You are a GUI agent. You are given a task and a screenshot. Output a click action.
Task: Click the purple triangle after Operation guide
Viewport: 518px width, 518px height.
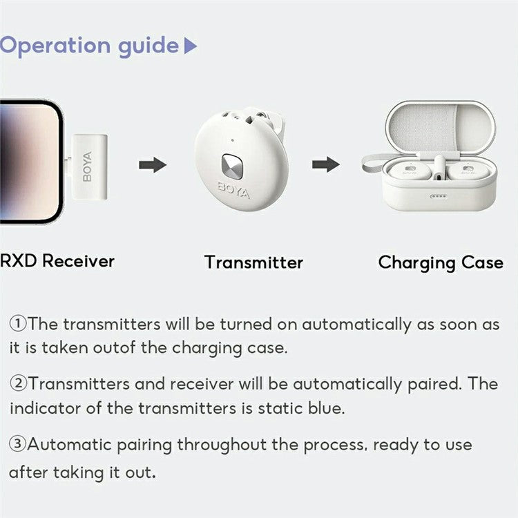(x=191, y=46)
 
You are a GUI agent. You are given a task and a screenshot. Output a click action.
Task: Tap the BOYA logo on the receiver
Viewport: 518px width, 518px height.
(x=86, y=166)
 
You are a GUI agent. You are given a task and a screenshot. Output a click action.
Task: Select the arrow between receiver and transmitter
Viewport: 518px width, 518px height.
(x=153, y=165)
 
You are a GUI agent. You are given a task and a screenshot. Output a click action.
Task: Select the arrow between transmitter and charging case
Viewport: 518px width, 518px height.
(x=325, y=164)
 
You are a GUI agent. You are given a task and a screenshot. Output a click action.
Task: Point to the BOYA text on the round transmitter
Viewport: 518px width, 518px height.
(x=234, y=190)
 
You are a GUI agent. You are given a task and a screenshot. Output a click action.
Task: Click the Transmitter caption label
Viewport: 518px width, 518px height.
(x=253, y=262)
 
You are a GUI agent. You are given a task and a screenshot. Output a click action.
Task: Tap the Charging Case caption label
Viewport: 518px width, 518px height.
(x=441, y=262)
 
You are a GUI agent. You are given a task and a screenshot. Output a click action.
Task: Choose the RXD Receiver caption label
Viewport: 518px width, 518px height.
(x=57, y=261)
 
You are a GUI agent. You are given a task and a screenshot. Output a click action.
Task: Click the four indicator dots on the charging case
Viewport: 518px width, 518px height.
(x=437, y=195)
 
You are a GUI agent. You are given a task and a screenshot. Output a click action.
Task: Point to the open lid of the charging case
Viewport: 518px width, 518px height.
(x=439, y=128)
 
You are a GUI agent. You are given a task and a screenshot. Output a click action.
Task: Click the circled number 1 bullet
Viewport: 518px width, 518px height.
(x=17, y=324)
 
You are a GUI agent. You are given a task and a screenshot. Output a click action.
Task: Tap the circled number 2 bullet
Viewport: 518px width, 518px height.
(x=17, y=383)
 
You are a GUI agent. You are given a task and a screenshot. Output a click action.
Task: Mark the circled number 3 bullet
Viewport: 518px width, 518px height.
(x=17, y=444)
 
